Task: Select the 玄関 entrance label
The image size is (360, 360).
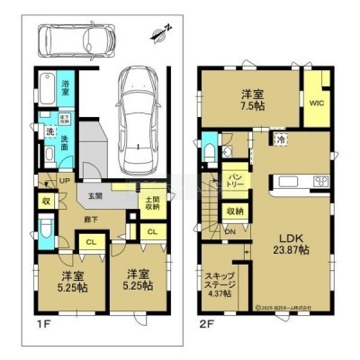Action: coord(94,195)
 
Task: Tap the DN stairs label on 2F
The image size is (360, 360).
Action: coord(229,231)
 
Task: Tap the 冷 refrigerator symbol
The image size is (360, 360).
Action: coord(281,139)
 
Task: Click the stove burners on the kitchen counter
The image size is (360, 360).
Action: coord(319,183)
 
